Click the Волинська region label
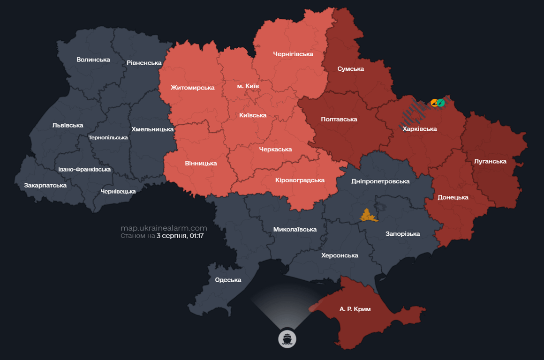[x=93, y=60]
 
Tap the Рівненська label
[x=144, y=63]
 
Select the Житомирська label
[x=192, y=88]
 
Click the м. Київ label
[x=247, y=86]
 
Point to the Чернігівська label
[x=293, y=54]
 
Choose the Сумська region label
[x=350, y=69]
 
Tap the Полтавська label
[x=339, y=119]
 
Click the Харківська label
[x=419, y=128]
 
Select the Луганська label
[x=490, y=161]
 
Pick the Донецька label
[x=453, y=197]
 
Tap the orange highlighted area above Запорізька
[x=369, y=216]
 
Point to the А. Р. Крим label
[x=355, y=309]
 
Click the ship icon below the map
[x=287, y=338]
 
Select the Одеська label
[x=228, y=280]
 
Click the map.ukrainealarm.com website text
[x=163, y=228]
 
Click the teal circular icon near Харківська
[x=441, y=103]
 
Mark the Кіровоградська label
[x=300, y=180]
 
